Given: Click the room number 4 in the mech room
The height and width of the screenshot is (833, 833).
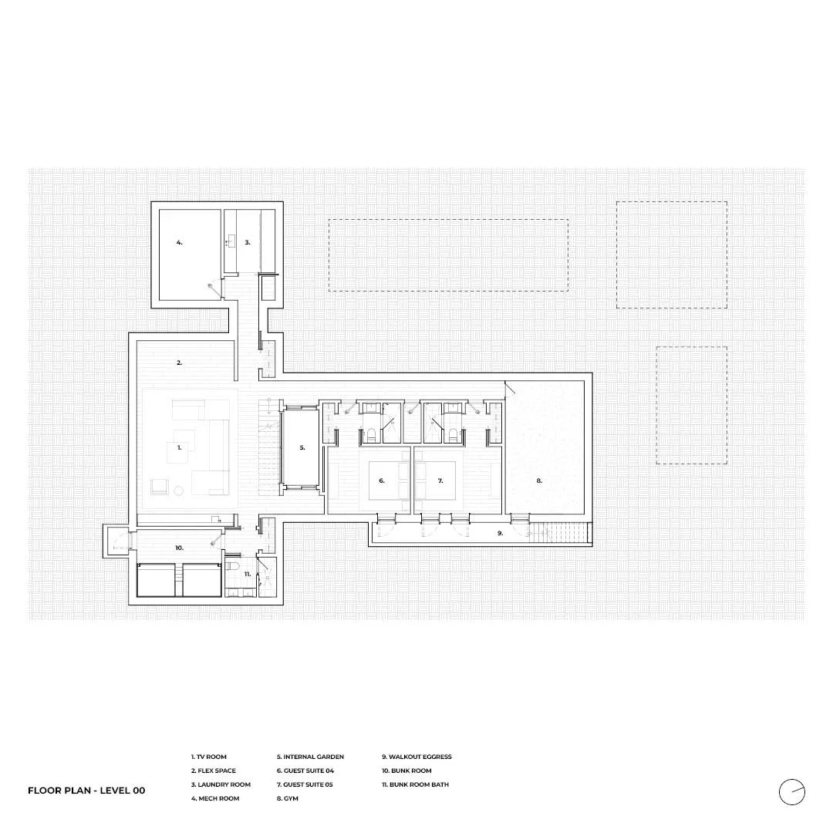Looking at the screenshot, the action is point(180,242).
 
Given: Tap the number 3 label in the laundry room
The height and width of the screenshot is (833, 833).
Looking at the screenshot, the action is point(248,242).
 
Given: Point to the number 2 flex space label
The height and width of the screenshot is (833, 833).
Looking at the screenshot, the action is point(180,363).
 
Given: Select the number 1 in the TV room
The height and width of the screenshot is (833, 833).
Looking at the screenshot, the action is point(180,448).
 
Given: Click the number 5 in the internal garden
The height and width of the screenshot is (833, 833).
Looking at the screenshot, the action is point(302,448).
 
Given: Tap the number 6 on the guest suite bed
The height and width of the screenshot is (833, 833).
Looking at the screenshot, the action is point(382,481).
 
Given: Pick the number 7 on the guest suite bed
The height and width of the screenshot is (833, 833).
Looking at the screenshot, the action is point(440,481).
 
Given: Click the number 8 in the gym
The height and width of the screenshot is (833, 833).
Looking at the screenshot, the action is point(539,481).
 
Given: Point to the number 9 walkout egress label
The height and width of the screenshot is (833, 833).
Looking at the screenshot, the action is point(500,533).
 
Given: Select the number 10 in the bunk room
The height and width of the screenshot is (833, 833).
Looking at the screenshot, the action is point(179,548).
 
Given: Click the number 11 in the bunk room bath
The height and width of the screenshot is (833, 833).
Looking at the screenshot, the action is point(248,574).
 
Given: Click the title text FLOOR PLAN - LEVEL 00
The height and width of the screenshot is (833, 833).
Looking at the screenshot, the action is point(86,791).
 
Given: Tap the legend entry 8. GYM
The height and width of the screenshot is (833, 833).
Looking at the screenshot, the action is point(288,798).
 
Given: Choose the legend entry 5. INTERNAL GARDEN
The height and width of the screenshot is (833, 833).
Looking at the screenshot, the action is point(310,757).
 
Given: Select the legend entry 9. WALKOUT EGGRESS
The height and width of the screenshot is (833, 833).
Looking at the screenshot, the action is point(416,757).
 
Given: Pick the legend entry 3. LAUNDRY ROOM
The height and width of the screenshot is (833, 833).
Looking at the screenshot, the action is point(221,784).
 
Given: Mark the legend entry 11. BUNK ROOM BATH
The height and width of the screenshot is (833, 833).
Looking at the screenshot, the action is point(416,784).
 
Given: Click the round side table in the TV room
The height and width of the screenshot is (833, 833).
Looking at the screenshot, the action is point(178,491).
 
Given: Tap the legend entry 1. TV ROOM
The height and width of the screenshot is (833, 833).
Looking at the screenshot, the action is point(209,757).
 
